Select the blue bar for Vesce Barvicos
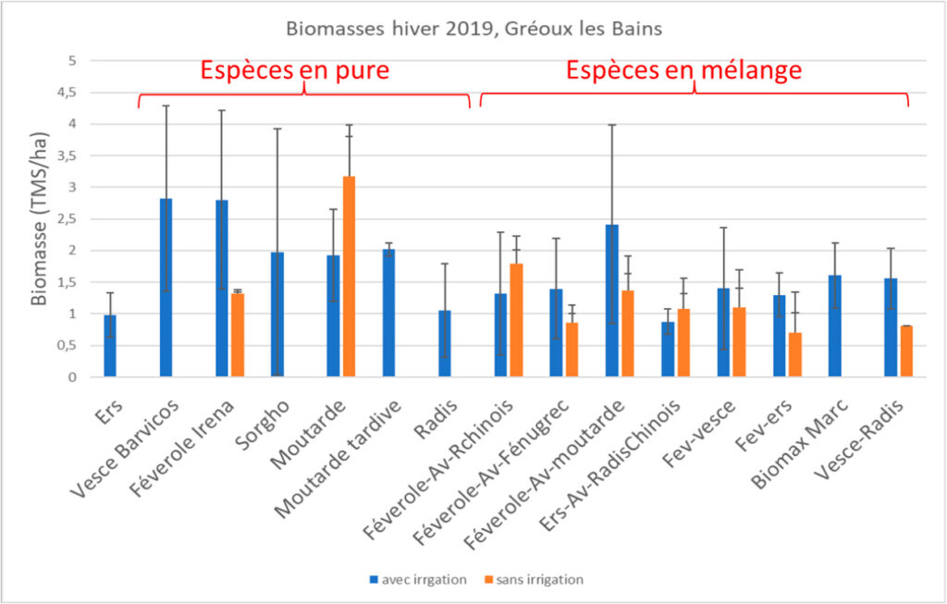pyautogui.click(x=166, y=288)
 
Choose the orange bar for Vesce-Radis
pyautogui.click(x=906, y=351)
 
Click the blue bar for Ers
pyautogui.click(x=110, y=346)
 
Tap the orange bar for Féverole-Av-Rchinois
pyautogui.click(x=516, y=320)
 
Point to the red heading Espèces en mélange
pyautogui.click(x=683, y=71)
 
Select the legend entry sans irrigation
pyautogui.click(x=535, y=580)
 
